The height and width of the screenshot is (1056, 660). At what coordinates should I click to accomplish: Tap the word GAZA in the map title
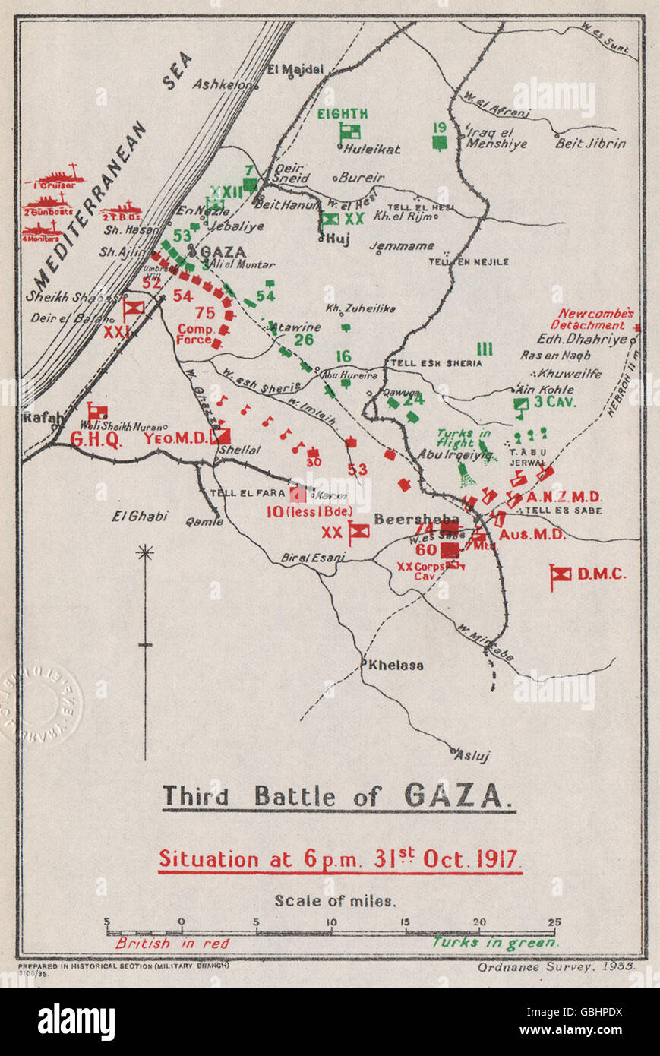(x=453, y=795)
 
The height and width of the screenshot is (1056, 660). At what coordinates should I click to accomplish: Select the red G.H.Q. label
(x=96, y=440)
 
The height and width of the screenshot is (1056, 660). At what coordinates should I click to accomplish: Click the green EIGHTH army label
(x=343, y=114)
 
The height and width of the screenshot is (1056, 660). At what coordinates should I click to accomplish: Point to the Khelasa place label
(x=396, y=666)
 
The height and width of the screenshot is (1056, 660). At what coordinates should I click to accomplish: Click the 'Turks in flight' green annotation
(x=465, y=438)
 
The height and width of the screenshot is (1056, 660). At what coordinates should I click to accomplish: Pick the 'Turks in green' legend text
(x=495, y=942)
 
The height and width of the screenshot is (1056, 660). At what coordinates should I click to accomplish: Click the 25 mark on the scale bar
(x=554, y=922)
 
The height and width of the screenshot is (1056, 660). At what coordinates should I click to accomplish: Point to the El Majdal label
(x=295, y=69)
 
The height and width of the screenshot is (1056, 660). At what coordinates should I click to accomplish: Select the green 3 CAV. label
(x=554, y=403)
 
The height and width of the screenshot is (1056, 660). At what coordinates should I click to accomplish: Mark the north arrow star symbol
(x=144, y=552)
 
